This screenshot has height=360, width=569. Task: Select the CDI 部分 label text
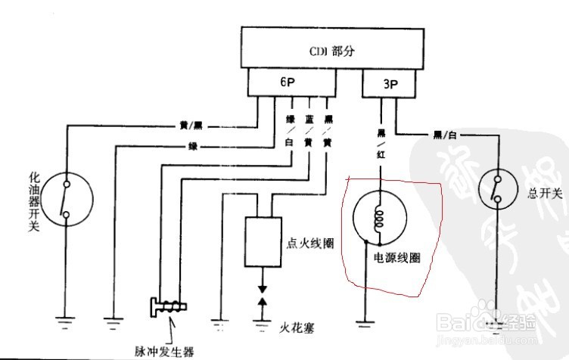click(331, 52)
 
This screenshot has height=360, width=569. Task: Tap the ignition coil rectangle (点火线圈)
click(262, 242)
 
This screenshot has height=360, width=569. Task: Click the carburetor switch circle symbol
click(66, 200)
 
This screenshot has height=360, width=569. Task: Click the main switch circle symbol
click(502, 188)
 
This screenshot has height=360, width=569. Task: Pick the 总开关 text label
click(546, 194)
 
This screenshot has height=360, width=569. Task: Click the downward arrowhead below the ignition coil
click(262, 290)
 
